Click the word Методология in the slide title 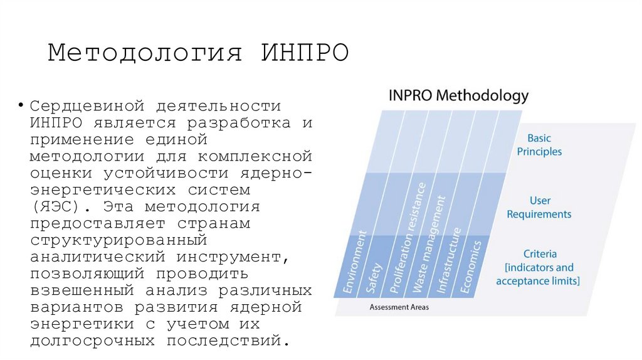tap(145, 53)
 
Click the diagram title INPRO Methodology tap(458, 96)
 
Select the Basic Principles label tap(539, 145)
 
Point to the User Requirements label tap(539, 208)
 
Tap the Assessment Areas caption tap(399, 307)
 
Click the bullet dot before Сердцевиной tap(21, 105)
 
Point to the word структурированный tap(118, 240)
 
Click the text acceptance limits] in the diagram tap(538, 281)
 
